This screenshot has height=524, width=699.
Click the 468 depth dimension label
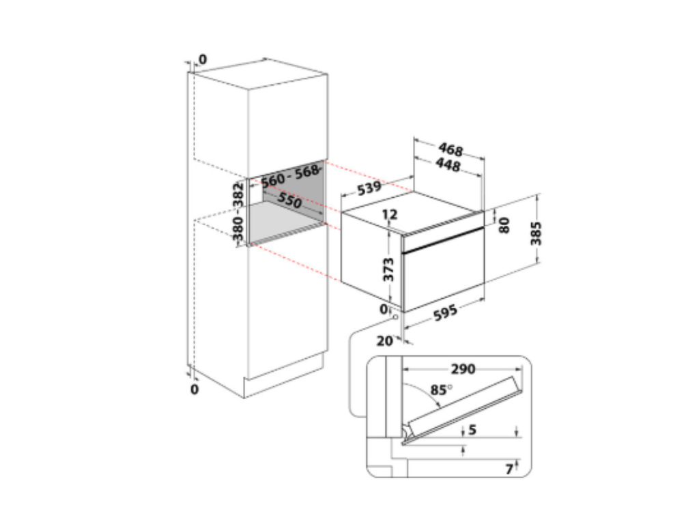click(451, 149)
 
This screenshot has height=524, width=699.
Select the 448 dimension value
click(448, 165)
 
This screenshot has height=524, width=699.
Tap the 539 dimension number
click(369, 188)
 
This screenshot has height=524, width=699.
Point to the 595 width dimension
click(445, 312)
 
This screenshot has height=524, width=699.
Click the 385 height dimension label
click(536, 233)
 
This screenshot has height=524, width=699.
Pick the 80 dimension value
click(504, 225)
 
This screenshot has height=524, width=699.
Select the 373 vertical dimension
click(388, 269)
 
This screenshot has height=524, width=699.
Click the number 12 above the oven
click(390, 214)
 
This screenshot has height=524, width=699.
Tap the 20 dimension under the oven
click(385, 341)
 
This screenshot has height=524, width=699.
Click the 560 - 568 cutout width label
click(289, 175)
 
